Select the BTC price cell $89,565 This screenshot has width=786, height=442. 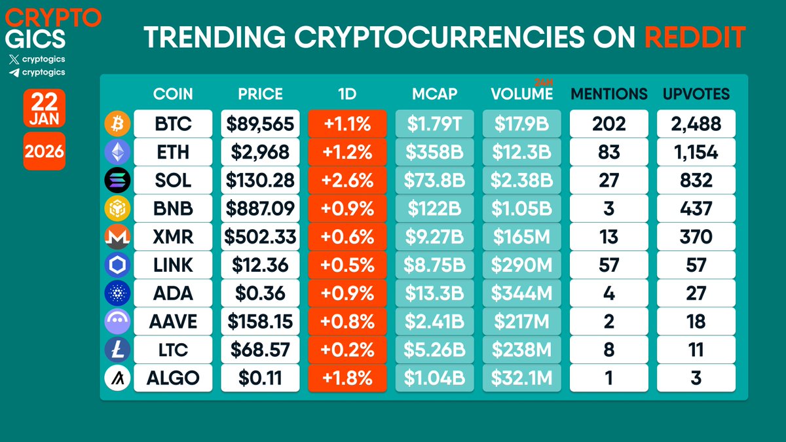260,123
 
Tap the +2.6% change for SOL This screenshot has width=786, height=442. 346,179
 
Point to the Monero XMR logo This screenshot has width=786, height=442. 117,237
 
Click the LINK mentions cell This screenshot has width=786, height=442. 608,265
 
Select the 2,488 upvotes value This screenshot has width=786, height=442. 696,123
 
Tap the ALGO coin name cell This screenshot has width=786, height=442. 173,378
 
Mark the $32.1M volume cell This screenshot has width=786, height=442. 521,378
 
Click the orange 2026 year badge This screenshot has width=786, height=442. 44,152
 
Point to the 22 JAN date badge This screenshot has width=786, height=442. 44,107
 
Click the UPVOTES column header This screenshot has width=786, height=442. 696,94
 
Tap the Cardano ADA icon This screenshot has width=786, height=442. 117,293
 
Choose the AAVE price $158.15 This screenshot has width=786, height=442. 260,322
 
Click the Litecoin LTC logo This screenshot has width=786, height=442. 117,350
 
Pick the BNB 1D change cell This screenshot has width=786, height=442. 346,208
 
